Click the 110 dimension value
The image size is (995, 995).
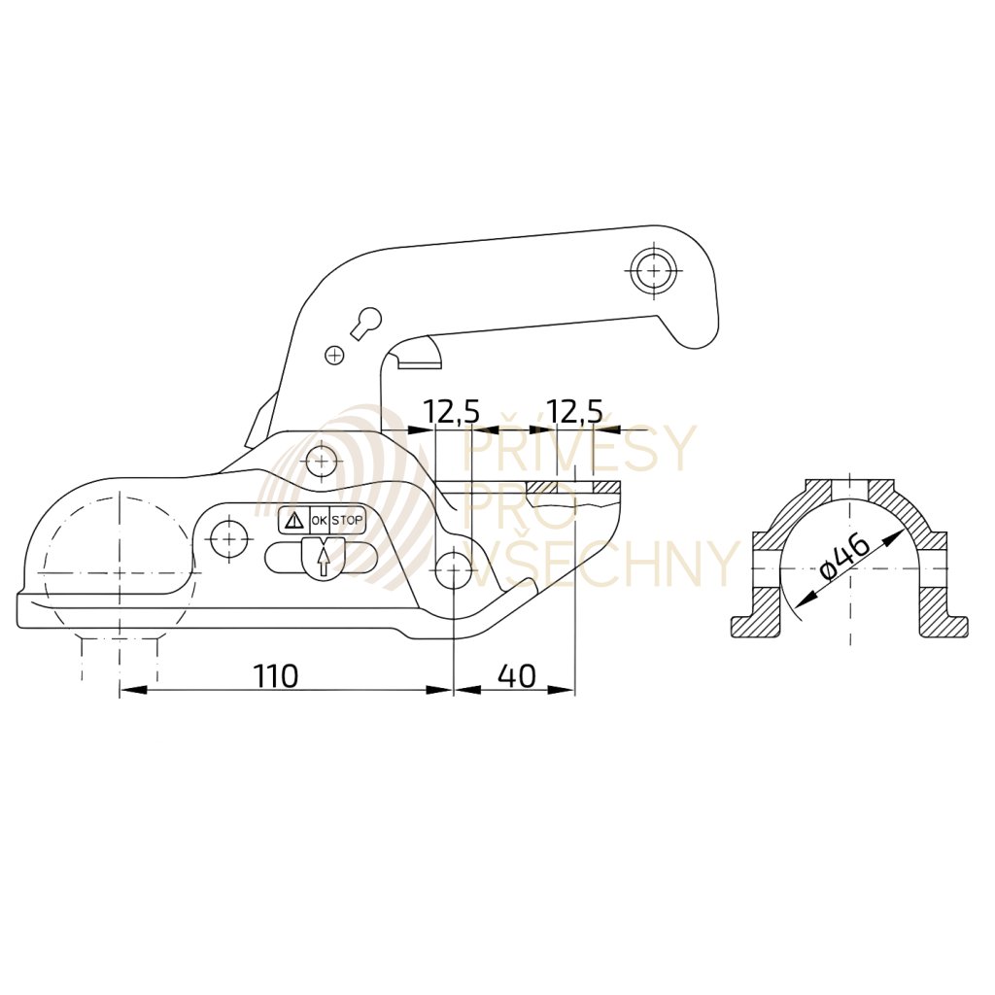pyautogui.click(x=277, y=676)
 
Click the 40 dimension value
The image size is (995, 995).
pyautogui.click(x=516, y=676)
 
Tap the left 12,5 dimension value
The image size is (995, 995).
pyautogui.click(x=452, y=412)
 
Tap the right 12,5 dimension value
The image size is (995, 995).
pyautogui.click(x=574, y=412)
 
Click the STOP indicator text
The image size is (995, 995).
pyautogui.click(x=347, y=521)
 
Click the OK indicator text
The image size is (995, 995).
pyautogui.click(x=319, y=521)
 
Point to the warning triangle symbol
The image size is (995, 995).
pyautogui.click(x=292, y=521)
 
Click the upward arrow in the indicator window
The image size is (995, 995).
pyautogui.click(x=323, y=562)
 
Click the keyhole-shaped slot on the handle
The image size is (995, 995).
pyautogui.click(x=365, y=322)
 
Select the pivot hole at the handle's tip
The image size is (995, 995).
pyautogui.click(x=653, y=271)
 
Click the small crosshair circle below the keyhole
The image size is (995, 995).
pyautogui.click(x=334, y=356)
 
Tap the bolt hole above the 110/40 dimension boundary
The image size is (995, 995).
pyautogui.click(x=453, y=569)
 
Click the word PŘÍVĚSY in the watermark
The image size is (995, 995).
pyautogui.click(x=581, y=448)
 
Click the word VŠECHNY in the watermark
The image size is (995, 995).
pyautogui.click(x=600, y=564)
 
